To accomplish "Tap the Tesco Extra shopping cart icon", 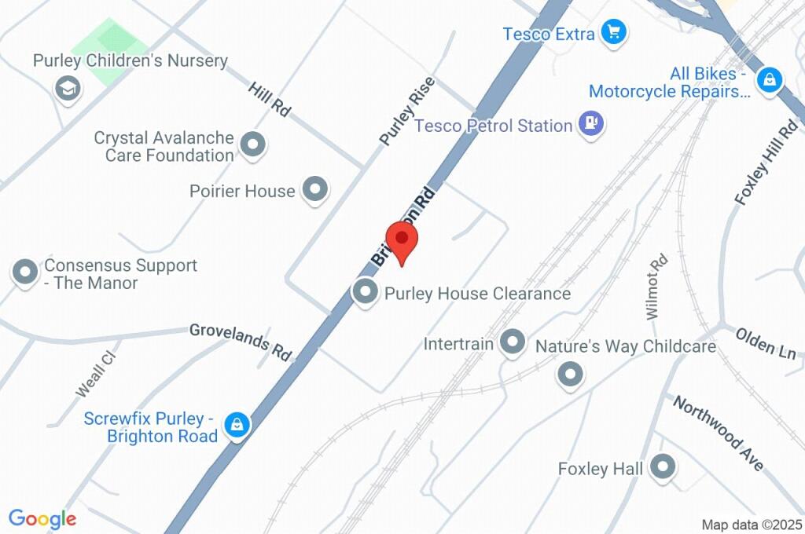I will point(612,33).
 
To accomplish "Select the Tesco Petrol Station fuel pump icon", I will point(590,124).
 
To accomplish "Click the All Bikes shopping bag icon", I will point(770,79).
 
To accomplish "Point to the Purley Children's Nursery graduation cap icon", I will point(68,87).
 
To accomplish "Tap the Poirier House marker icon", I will point(315,189).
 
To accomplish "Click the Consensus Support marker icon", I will point(25,273).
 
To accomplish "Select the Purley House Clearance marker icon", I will point(365,293).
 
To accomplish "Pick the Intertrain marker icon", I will point(513,342).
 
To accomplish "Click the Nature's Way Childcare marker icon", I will point(570,374).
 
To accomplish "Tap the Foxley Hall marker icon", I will point(664,468).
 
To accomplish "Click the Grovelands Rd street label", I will point(241,342).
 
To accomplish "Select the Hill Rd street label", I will point(269,100).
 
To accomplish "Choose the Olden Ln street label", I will point(766,343).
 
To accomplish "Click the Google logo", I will point(42,519).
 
